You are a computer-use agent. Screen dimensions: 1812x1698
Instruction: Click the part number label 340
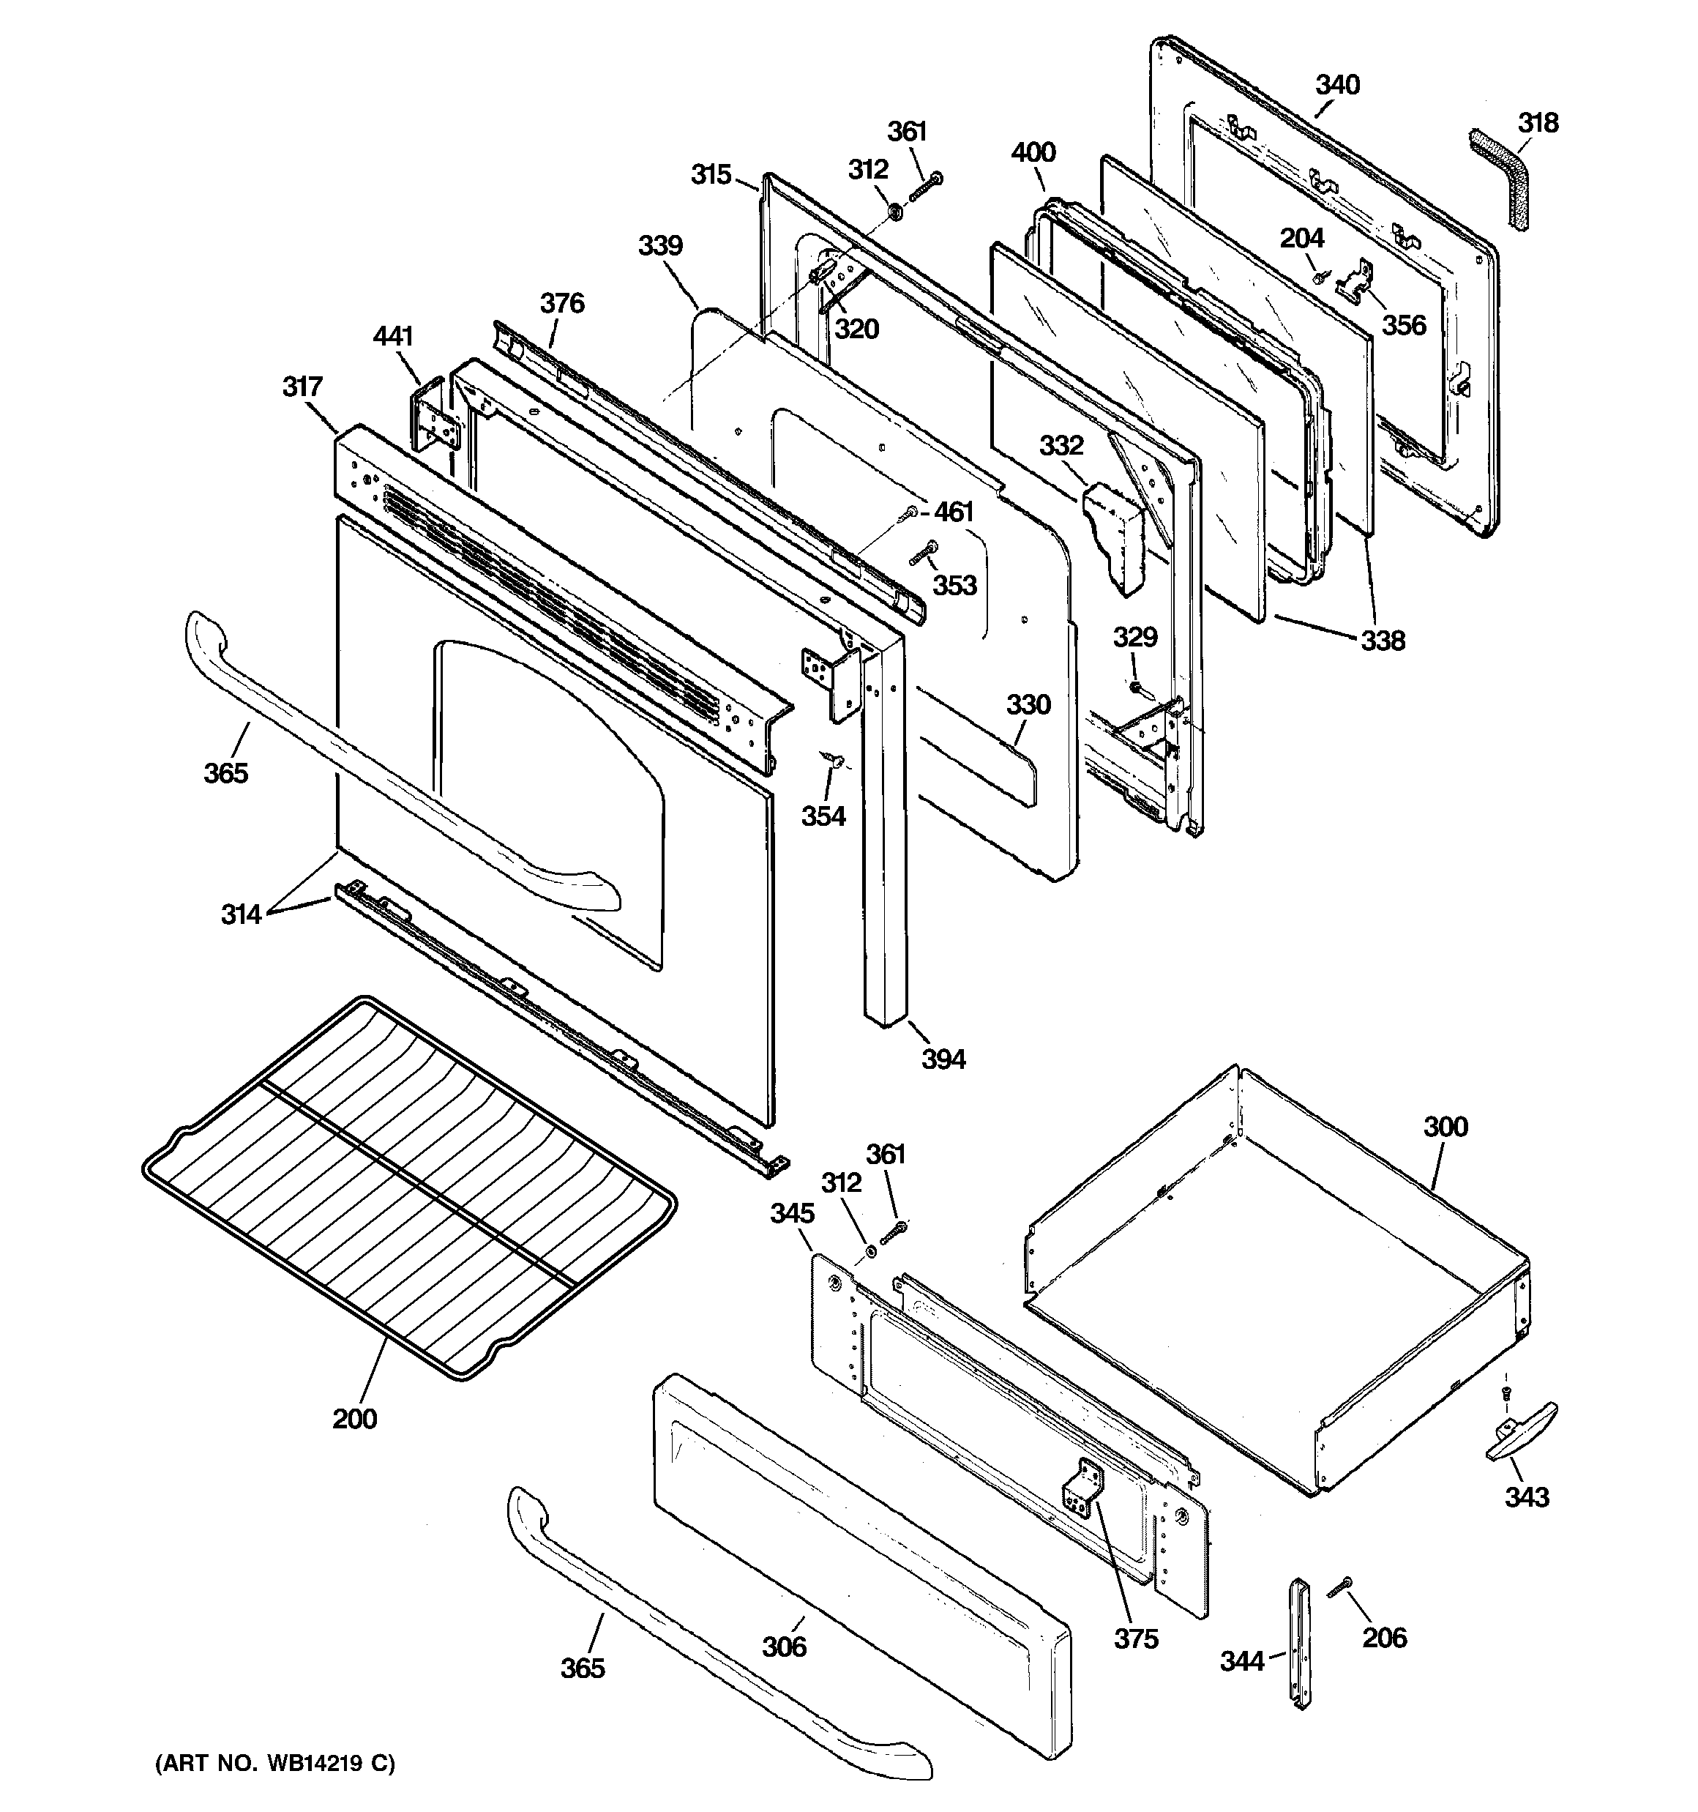[x=1337, y=85]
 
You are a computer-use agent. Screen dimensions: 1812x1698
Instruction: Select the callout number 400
[x=1033, y=152]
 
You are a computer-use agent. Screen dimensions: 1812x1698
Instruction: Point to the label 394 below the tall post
[x=943, y=1059]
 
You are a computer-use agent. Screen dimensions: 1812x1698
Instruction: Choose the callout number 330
[x=1028, y=704]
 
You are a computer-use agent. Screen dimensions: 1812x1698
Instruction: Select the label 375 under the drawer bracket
[x=1136, y=1638]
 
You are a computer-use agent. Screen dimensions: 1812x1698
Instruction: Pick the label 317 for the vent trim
[x=302, y=387]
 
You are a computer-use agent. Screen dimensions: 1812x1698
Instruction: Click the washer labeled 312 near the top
[x=896, y=213]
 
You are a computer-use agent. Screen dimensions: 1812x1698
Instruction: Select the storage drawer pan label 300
[x=1445, y=1127]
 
